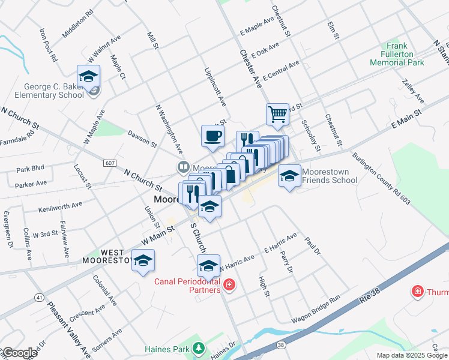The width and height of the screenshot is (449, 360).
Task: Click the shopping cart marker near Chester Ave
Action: pos(277,114)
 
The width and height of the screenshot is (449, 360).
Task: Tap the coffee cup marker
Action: pos(212,136)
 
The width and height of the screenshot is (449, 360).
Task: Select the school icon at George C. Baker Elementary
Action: pos(88,77)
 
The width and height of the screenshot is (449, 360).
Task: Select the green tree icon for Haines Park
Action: pos(198,348)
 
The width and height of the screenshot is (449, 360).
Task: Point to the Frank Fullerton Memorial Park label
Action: pos(397,54)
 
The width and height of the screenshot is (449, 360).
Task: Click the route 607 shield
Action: pos(110,163)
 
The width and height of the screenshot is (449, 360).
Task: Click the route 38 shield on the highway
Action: pos(281,345)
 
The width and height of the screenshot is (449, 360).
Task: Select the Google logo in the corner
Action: pos(19,353)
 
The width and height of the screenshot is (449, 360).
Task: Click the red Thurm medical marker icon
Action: pos(417,292)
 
